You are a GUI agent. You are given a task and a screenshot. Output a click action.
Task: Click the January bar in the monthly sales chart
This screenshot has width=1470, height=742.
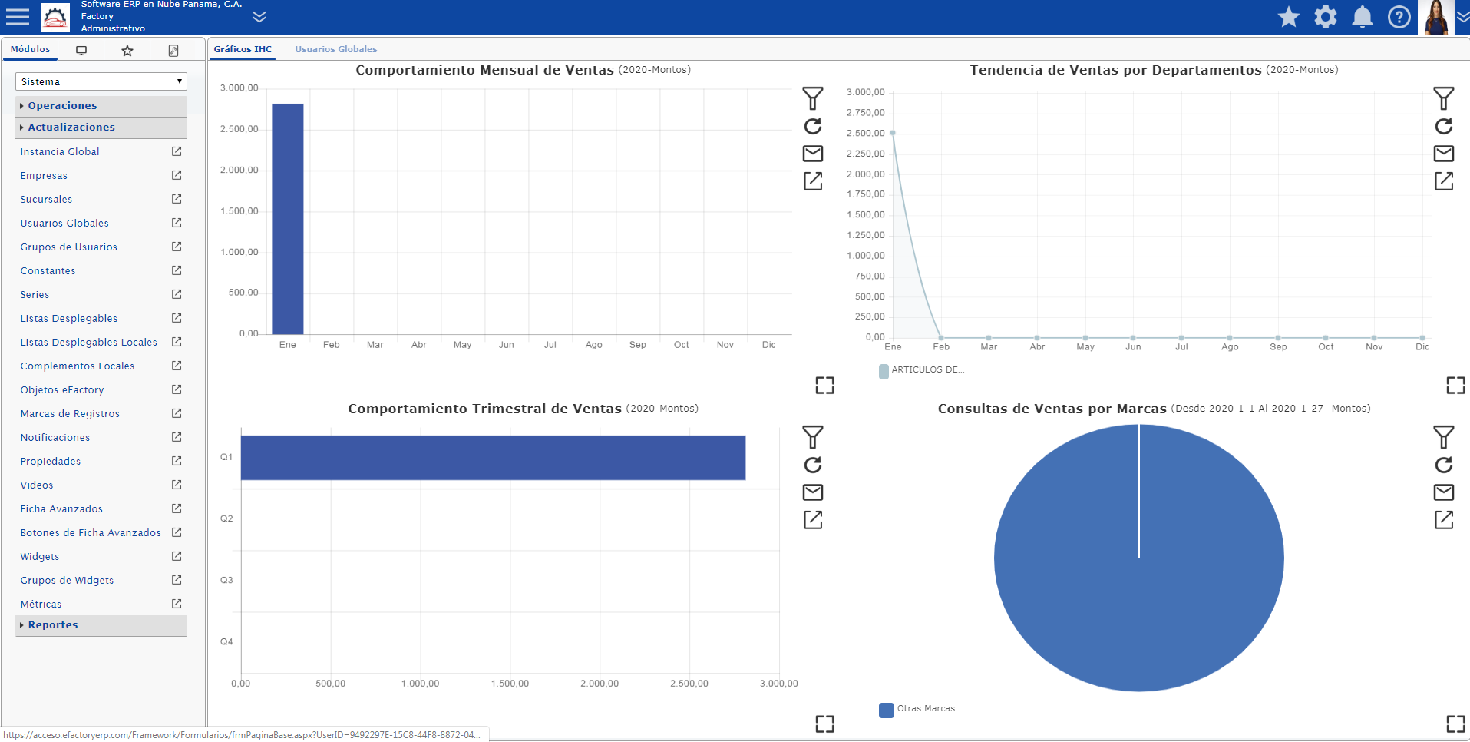(x=288, y=219)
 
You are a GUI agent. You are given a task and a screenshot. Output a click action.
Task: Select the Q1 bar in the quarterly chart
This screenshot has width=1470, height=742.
(x=493, y=458)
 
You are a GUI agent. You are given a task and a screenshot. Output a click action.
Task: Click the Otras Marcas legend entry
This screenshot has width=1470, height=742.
(x=917, y=709)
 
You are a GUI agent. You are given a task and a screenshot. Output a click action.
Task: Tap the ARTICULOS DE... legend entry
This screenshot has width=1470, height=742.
(x=922, y=370)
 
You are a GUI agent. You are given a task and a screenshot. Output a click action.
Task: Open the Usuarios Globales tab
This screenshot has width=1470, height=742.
(x=336, y=49)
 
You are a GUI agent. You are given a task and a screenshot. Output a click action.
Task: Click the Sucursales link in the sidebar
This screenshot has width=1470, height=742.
(x=46, y=200)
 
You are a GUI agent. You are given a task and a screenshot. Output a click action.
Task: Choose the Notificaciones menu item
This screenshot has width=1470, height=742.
(x=55, y=438)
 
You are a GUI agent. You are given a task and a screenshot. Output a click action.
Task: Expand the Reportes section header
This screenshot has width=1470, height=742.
(x=53, y=625)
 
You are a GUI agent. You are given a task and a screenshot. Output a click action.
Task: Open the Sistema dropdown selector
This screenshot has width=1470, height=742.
(x=101, y=81)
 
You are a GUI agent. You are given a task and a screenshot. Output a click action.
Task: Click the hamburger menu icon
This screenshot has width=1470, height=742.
(x=17, y=16)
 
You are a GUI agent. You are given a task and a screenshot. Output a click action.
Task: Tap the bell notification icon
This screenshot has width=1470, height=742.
(x=1363, y=17)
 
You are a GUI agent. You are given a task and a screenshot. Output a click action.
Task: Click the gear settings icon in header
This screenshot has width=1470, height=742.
(x=1326, y=17)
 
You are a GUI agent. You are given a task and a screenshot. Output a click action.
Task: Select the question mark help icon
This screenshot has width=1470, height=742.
(x=1399, y=17)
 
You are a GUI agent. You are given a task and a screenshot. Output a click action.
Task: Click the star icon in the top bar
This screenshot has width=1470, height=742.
(x=1289, y=17)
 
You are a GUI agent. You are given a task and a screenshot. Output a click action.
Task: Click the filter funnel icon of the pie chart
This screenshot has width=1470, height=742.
(x=1444, y=437)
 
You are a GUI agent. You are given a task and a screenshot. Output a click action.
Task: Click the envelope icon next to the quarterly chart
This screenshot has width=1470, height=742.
(x=813, y=492)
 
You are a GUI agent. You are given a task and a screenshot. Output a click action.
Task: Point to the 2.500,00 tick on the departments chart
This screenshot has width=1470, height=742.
(x=866, y=134)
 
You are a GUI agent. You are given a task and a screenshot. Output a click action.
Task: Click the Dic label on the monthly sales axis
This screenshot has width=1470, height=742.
(x=769, y=345)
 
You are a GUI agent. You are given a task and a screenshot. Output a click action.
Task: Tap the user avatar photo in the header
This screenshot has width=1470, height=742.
(x=1436, y=18)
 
